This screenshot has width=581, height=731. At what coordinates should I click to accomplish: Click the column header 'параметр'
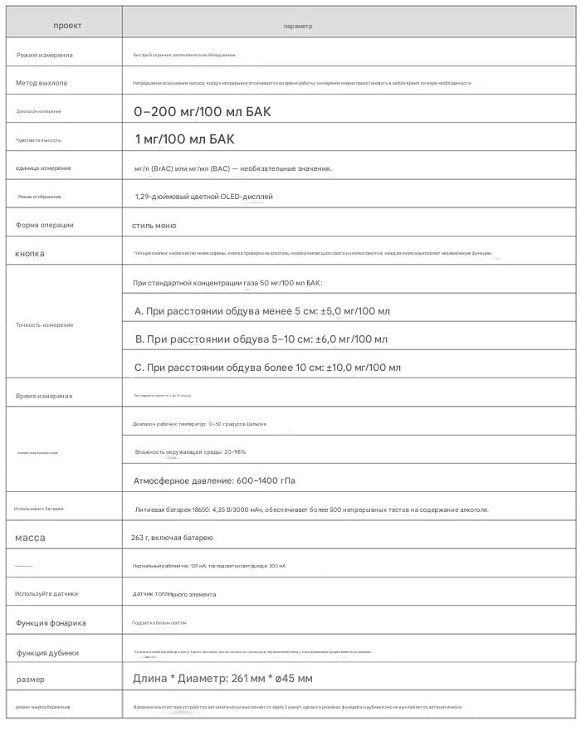click(298, 27)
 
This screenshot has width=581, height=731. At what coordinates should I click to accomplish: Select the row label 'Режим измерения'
click(56, 55)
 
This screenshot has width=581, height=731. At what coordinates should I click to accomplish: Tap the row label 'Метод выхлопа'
click(42, 83)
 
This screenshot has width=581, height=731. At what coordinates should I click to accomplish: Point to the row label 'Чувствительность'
click(38, 140)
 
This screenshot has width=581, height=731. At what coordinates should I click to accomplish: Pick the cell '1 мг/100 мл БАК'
click(184, 139)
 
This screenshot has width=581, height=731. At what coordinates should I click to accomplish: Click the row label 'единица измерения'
click(43, 168)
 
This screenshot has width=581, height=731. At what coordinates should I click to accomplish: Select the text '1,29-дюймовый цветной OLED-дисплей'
click(203, 197)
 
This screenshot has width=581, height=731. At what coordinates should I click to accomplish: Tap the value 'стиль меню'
click(154, 226)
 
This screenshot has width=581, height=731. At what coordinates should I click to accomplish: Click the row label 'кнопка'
click(30, 253)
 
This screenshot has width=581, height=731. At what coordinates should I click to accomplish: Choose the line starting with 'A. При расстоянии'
click(261, 311)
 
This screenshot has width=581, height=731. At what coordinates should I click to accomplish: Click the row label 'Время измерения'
click(44, 396)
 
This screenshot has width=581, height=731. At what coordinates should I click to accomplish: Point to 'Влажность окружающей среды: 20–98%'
click(190, 451)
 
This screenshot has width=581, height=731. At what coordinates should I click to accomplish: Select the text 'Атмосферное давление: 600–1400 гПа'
click(214, 480)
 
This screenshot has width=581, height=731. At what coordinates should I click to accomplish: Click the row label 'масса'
click(30, 538)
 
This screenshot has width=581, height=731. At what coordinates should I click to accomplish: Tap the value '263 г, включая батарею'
click(173, 539)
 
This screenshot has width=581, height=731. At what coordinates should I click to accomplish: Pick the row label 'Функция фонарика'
click(51, 622)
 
